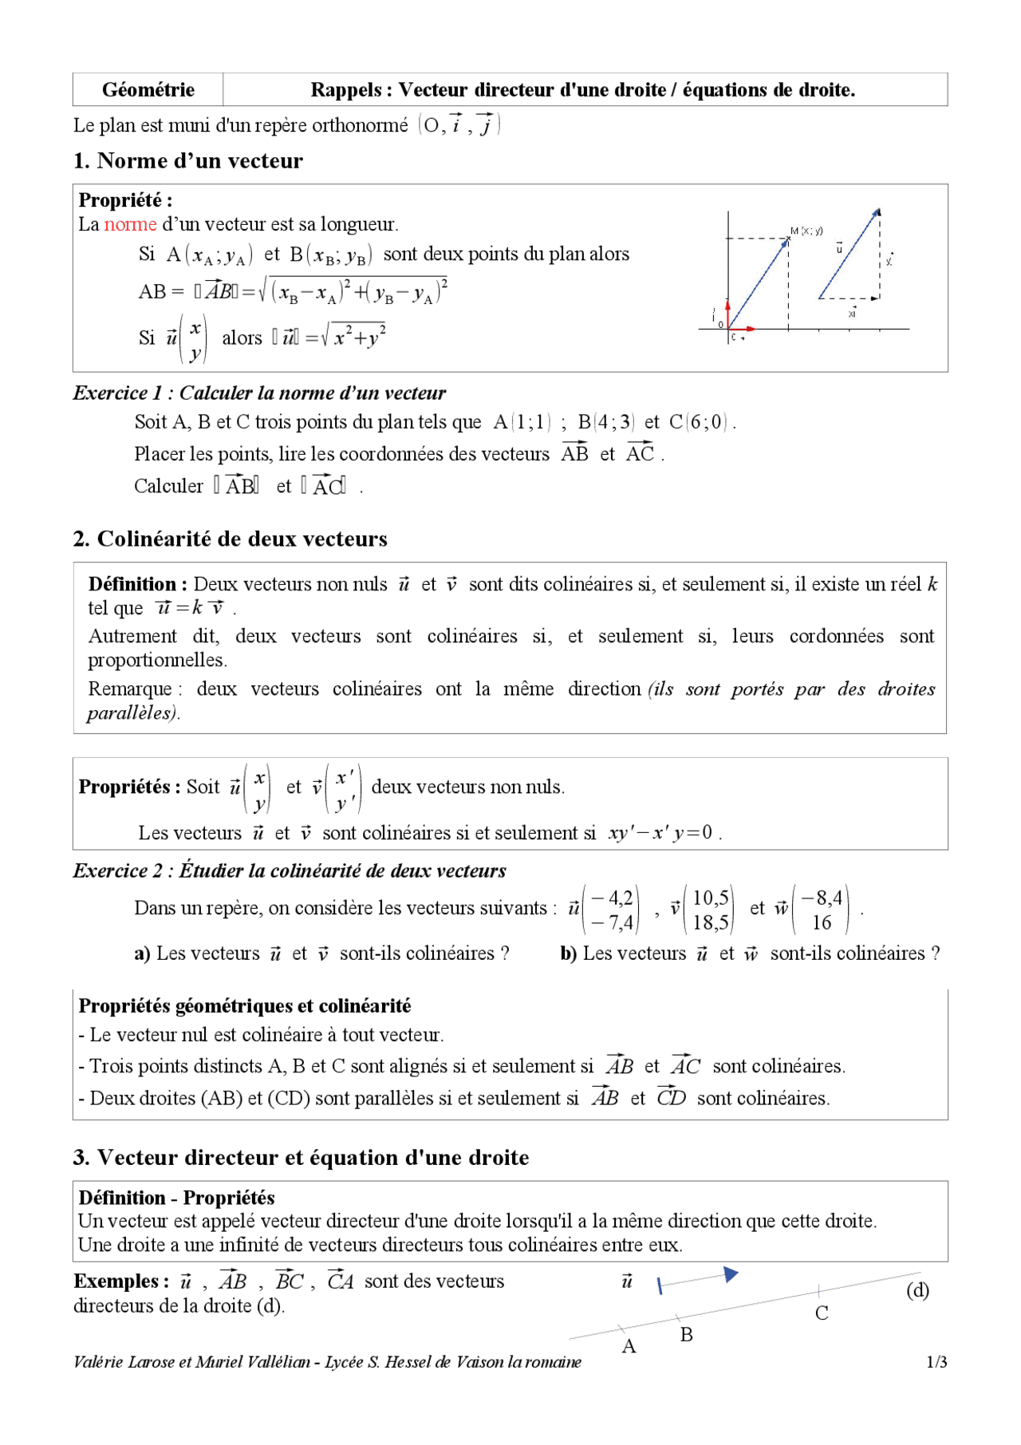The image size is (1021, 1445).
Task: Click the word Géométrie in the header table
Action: tap(148, 89)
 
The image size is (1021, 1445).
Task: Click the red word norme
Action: tap(130, 224)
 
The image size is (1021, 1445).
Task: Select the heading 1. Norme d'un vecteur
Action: tap(187, 160)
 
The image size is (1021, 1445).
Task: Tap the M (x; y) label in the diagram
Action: tap(806, 231)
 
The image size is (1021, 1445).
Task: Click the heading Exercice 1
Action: tap(258, 393)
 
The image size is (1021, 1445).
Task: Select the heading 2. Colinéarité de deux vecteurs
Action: tap(230, 539)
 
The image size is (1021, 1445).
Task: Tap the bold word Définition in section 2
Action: tap(132, 584)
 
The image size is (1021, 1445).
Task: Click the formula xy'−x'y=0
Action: tap(660, 833)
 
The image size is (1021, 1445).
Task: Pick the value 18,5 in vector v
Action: tap(711, 922)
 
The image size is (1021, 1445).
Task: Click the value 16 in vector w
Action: tap(822, 922)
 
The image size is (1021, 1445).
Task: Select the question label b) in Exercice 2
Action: tap(568, 953)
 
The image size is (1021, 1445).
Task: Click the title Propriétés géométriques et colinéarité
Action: tap(244, 1006)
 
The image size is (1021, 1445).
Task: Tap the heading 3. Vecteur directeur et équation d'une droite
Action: tap(301, 1157)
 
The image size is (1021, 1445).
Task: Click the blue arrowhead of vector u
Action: tap(731, 1274)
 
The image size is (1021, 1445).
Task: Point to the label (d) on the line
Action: tap(917, 1290)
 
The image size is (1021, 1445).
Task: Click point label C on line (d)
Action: tap(822, 1313)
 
